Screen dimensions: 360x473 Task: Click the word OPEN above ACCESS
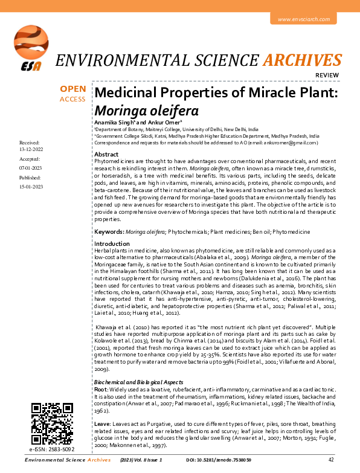tap(72, 89)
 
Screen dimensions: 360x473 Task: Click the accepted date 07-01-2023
tap(30, 166)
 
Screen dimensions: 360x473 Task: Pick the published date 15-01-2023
tap(30, 187)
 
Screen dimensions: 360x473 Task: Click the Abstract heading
tap(107, 155)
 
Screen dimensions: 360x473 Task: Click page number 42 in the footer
tap(348, 460)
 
